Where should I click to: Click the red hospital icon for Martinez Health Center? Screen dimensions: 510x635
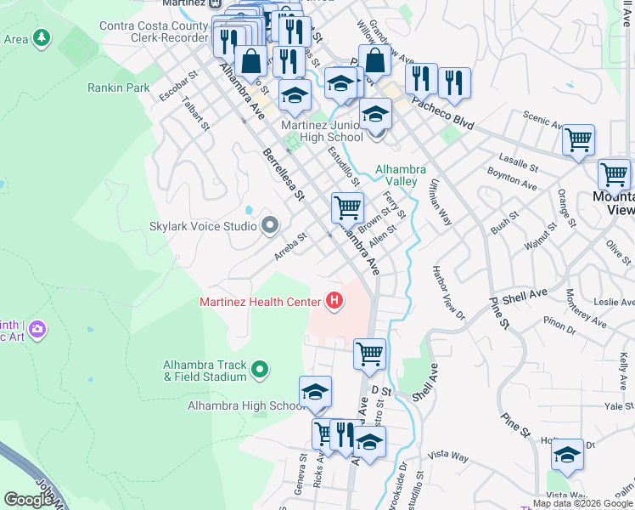(x=334, y=301)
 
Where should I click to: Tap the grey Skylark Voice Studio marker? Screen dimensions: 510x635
(x=270, y=226)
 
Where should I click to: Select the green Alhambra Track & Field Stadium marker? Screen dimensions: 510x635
(x=260, y=370)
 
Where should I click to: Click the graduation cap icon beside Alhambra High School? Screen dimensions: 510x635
(x=314, y=392)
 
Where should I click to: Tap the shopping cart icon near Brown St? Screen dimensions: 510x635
(x=347, y=207)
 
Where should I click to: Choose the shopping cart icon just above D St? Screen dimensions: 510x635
(x=369, y=353)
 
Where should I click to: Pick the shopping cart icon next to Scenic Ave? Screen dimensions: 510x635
(x=578, y=139)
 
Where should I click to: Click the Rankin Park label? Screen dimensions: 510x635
(x=119, y=88)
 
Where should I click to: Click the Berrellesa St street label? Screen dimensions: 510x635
(x=283, y=173)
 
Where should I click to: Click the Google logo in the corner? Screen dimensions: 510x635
(x=29, y=500)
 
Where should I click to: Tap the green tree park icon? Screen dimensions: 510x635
(x=41, y=38)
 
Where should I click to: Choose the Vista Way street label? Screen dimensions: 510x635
(x=448, y=458)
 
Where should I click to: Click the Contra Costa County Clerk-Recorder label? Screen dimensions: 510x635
(x=154, y=32)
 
